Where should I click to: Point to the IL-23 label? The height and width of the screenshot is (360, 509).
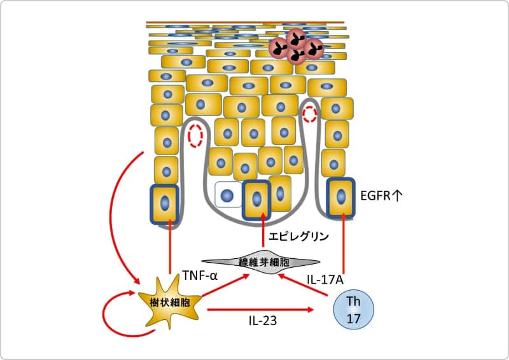pyautogui.click(x=262, y=321)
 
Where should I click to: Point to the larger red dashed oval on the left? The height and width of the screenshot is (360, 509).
pyautogui.click(x=195, y=135)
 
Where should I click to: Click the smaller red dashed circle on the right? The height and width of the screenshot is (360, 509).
pyautogui.click(x=310, y=114)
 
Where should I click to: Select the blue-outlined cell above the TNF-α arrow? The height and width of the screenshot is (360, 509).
pyautogui.click(x=165, y=204)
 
